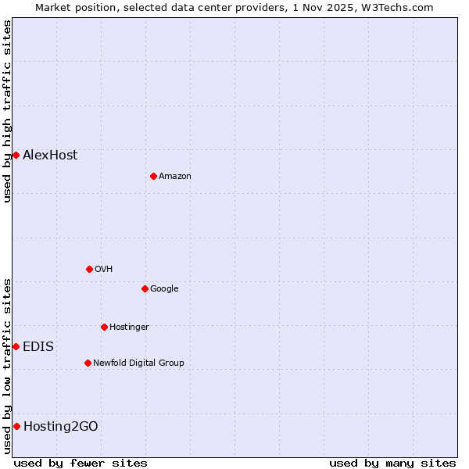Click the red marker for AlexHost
pos(16,155)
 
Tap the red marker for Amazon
pos(153,176)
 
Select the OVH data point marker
pos(89,269)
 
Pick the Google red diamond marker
pos(145,288)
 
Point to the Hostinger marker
pos(104,327)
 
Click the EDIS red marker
pos(16,346)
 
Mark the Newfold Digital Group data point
pos(88,363)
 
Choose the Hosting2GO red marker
pos(16,426)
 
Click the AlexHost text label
pos(50,155)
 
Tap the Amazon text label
pos(175,177)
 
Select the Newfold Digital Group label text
pos(138,363)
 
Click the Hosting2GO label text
pos(61,426)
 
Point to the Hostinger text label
pos(129,327)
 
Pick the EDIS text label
pos(38,346)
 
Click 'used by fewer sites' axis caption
pos(81,463)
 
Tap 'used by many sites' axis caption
pos(392,463)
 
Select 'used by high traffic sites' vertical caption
pos(7,111)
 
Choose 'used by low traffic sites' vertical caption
pos(7,366)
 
